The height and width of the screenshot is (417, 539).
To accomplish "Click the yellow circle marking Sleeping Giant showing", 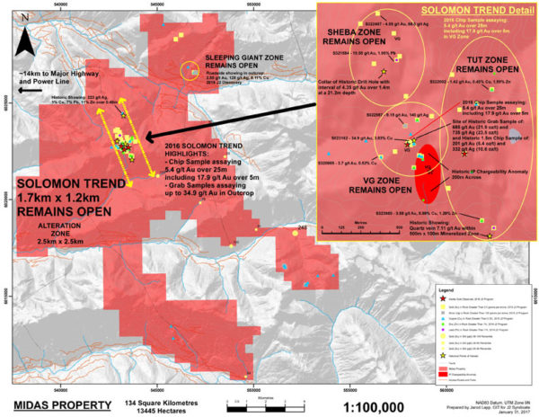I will [x=190, y=70].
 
